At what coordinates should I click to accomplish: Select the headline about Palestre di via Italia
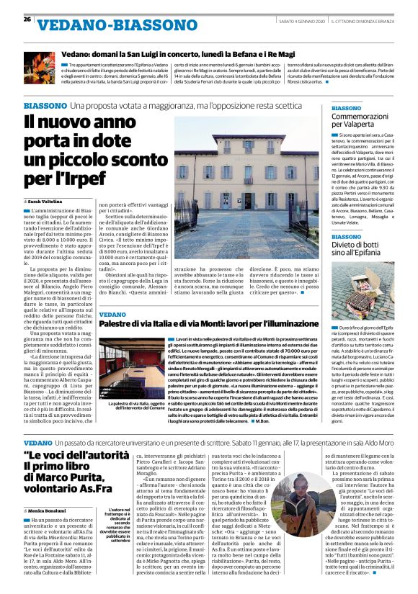(x=209, y=325)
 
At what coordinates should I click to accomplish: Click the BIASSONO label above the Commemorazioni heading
(x=347, y=108)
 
